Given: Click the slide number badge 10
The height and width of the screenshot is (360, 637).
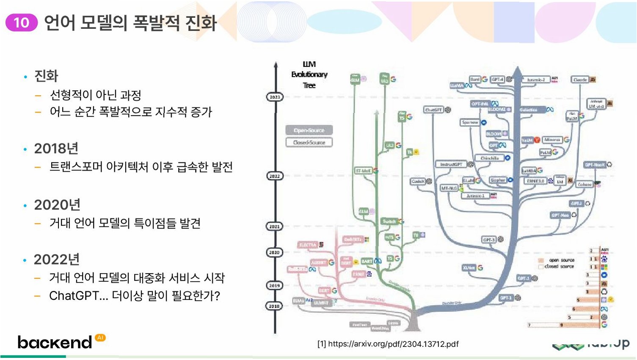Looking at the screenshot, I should [21, 22].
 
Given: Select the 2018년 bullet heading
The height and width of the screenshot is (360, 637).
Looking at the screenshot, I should [56, 148].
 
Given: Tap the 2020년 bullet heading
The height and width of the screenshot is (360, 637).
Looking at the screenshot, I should [57, 205].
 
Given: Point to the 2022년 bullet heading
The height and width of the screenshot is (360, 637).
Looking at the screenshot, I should [57, 259].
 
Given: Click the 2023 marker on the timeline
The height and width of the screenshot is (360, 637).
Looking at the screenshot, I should [275, 97].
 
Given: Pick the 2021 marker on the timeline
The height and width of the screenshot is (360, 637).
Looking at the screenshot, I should [275, 226].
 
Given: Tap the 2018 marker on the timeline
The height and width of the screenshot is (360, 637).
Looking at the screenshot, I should [275, 306].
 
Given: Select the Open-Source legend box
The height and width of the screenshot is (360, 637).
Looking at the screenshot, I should [309, 130].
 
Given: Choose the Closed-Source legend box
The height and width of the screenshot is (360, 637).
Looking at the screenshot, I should [309, 143].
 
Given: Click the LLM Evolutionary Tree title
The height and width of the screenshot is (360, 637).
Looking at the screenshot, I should [309, 74].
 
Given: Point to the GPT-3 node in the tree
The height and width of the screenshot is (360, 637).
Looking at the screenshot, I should [489, 240].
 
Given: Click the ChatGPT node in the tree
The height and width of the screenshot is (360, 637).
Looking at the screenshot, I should [433, 110].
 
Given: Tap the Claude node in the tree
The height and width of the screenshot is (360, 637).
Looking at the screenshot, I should [580, 80].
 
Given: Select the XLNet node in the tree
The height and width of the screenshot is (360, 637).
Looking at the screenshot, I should [469, 268].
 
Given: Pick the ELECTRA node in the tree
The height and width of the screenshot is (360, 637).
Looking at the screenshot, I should [308, 245].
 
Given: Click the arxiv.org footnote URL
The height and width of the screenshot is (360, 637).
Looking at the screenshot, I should [388, 344].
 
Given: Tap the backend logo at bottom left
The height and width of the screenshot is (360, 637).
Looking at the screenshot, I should [55, 342].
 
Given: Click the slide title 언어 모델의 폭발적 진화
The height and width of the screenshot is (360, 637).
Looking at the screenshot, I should [130, 22].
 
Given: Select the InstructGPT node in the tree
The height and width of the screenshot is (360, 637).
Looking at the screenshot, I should [451, 164].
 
